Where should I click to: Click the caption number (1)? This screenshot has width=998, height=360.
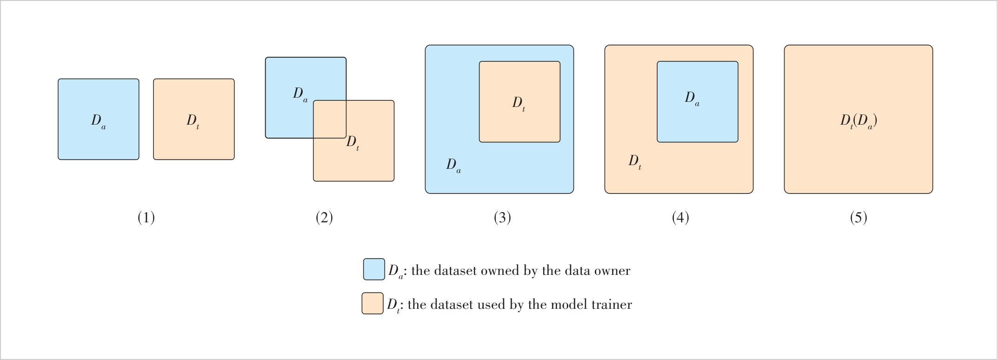click(146, 218)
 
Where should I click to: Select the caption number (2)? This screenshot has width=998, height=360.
click(324, 218)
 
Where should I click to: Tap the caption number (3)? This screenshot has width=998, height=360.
click(502, 218)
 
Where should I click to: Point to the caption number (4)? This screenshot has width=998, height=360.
click(680, 218)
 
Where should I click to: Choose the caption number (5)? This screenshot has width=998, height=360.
click(858, 218)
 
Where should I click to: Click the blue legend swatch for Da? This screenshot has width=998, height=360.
click(374, 269)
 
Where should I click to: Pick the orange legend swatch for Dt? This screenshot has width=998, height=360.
click(373, 303)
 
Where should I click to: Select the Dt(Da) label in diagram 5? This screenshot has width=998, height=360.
click(858, 121)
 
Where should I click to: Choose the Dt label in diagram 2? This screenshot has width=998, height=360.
click(353, 142)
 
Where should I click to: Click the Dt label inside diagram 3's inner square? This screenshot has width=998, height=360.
click(519, 103)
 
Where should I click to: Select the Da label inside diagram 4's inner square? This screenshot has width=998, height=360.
click(692, 98)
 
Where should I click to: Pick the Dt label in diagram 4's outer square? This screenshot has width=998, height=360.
click(635, 161)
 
